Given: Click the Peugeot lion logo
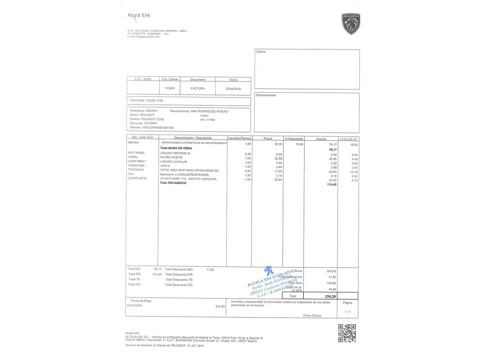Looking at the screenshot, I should (351, 24).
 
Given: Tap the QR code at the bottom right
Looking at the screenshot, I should (347, 333).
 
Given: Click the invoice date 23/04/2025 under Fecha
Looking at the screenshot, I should (233, 89).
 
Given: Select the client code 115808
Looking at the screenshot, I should (170, 88).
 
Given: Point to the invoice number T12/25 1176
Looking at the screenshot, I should (154, 101).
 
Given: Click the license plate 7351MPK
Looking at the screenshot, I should (150, 123).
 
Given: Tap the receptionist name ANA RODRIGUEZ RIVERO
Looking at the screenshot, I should (209, 111).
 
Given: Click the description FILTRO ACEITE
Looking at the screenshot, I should (171, 157).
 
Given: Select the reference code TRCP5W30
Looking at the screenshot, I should (136, 170).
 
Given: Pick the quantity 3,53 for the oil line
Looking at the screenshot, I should (248, 171).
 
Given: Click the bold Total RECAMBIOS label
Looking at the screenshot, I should (173, 183).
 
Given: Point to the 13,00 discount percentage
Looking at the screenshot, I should (299, 144).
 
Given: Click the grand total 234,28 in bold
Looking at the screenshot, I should (330, 296).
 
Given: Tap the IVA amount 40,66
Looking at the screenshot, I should (332, 289).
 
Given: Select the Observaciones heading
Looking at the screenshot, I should (266, 95).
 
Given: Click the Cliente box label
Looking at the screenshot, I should (261, 52).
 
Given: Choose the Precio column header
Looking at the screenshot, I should (268, 139).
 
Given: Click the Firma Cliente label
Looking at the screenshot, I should (312, 316).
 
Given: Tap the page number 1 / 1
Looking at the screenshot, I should (347, 312).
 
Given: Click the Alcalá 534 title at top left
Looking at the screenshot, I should (139, 15).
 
